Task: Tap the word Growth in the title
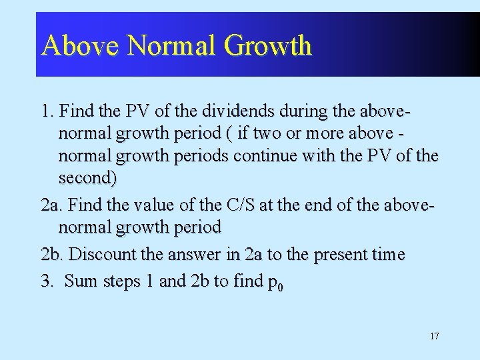pos(268,45)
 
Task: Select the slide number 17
pos(434,336)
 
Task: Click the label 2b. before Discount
pos(52,255)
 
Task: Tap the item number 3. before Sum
pos(47,281)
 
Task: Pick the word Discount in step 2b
pos(103,255)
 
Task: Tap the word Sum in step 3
pos(81,281)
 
